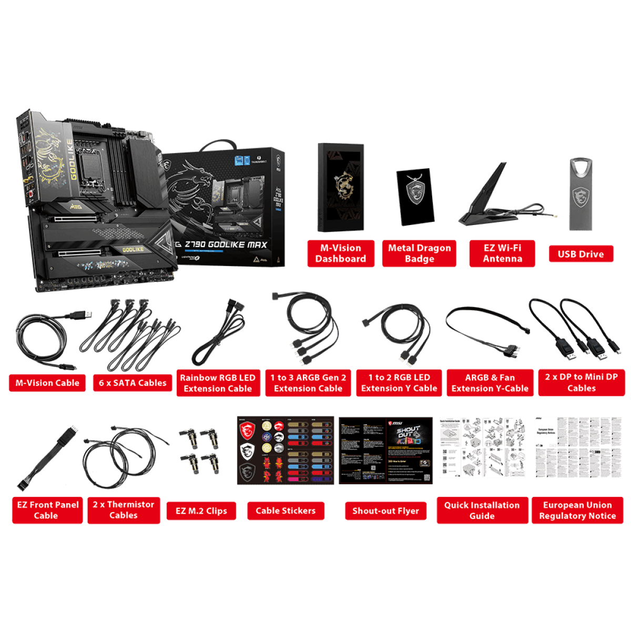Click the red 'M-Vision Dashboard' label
point(340,253)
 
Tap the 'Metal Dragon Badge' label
point(419,253)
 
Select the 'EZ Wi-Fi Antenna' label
point(502,253)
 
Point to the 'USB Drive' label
point(581,254)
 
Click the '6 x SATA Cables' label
point(133,383)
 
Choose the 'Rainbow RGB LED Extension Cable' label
point(218,383)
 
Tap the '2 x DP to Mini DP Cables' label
point(581,382)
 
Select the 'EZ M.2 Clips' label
point(201,511)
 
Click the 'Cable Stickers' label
point(286,511)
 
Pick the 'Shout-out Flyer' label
point(385,511)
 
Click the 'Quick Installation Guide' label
point(482,510)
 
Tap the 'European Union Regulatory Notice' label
point(577,510)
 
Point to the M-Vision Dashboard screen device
point(340,187)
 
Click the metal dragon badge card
point(415,197)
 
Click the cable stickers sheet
point(286,451)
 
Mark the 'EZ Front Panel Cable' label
point(47,510)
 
